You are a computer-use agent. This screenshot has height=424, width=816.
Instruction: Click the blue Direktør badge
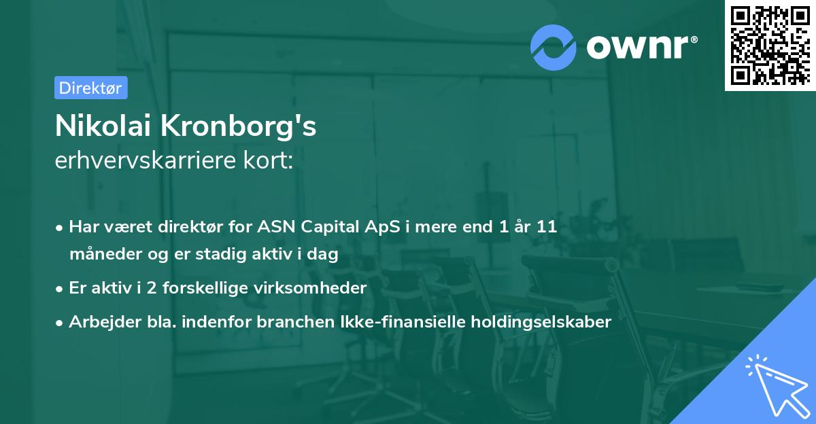[x=90, y=88]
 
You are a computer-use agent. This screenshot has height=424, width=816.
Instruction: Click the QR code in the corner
[x=770, y=45]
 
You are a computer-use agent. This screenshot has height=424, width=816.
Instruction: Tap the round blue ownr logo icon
[x=554, y=47]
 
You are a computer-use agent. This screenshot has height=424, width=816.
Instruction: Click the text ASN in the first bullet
[x=274, y=227]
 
